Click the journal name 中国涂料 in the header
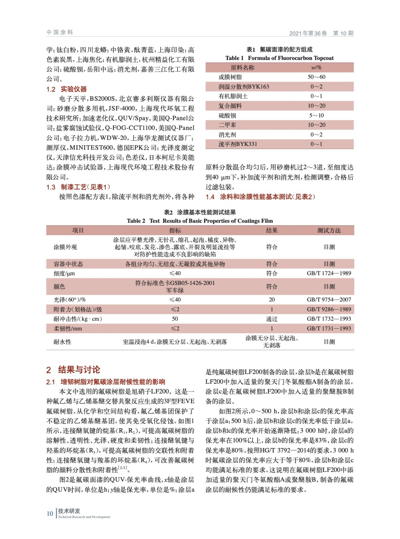coord(60,32)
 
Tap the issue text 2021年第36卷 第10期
coord(321,33)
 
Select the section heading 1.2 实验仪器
coord(66,89)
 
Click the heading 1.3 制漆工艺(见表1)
coord(78,187)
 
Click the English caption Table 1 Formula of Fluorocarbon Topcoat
coord(279,58)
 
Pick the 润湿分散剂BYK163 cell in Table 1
coord(244,87)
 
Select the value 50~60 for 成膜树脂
coord(316,77)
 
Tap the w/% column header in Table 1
coord(316,67)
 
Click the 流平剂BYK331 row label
coord(238,144)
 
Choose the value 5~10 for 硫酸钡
coord(316,115)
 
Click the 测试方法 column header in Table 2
coord(329,230)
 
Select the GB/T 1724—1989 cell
coord(329,273)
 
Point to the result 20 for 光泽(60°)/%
coord(272,299)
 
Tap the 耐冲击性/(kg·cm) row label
coord(78,319)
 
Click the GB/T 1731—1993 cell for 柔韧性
coord(329,328)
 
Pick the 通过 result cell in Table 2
coord(272,319)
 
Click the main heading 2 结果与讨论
coord(73,370)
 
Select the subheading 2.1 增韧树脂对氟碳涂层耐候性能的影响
coord(105,382)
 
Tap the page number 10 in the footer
coord(50,513)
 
